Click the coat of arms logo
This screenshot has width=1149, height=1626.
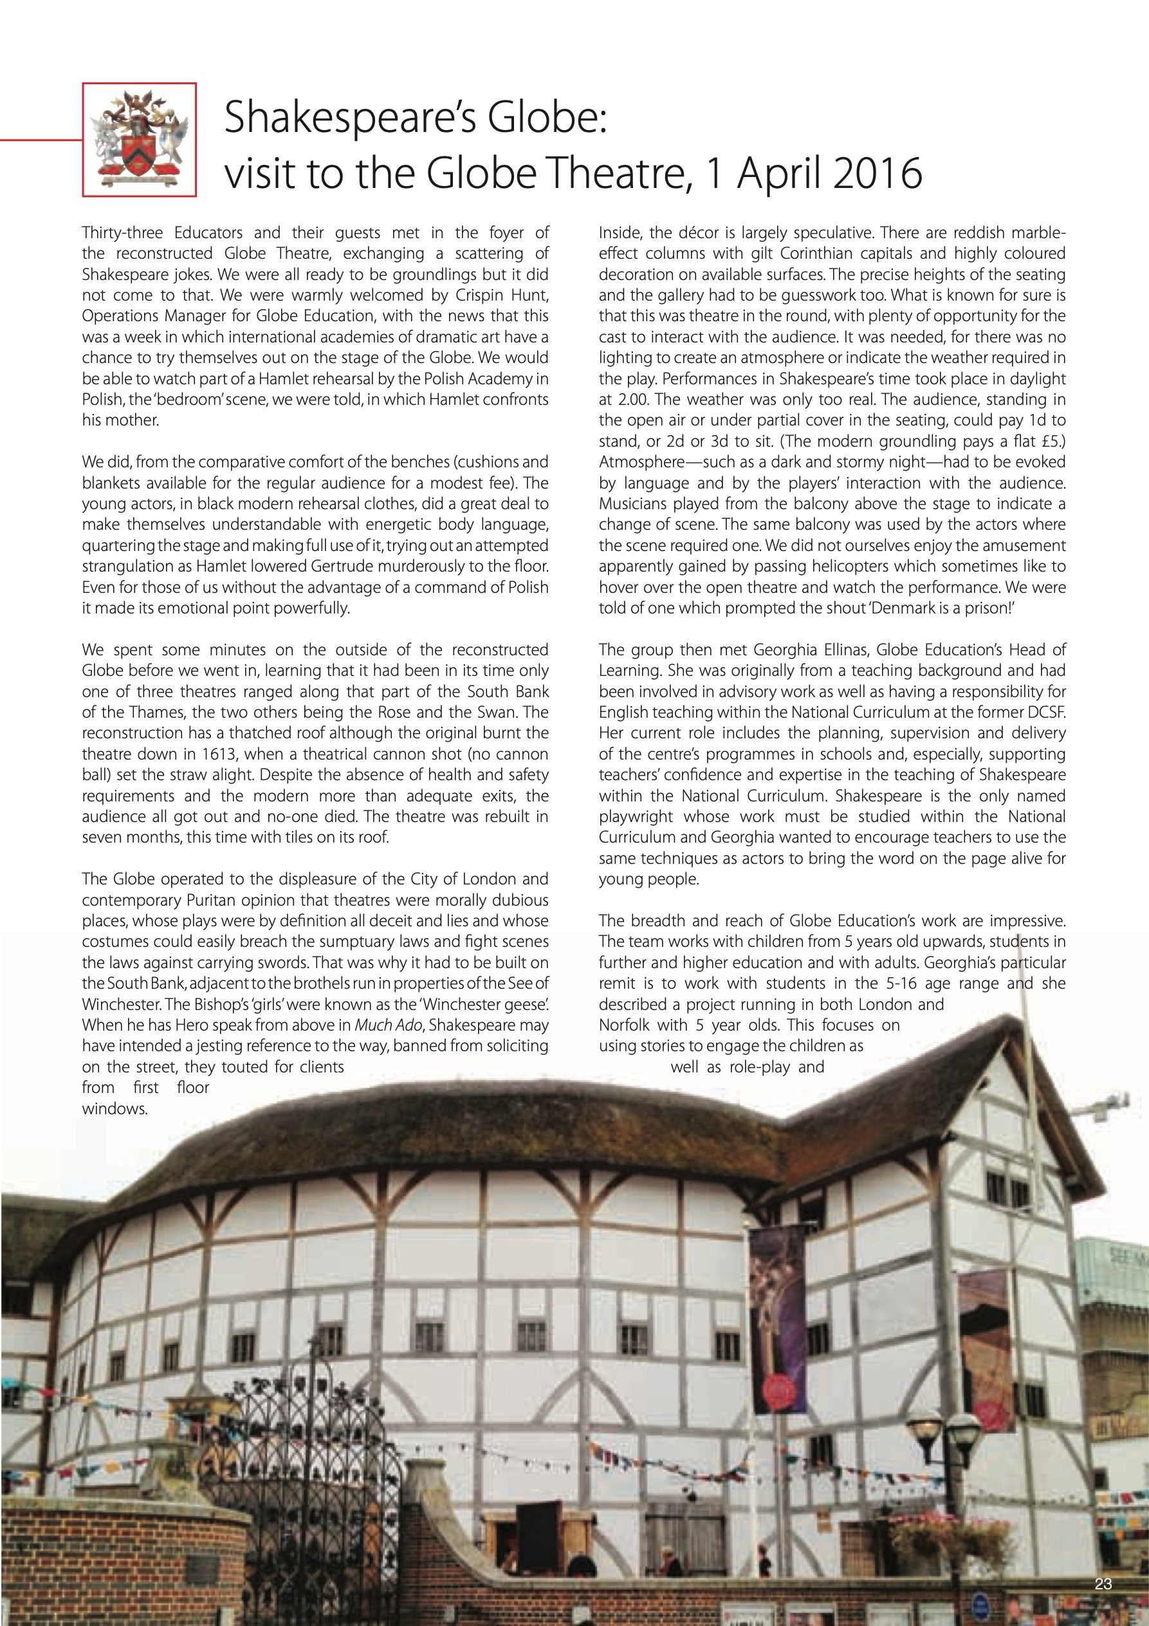point(140,139)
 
